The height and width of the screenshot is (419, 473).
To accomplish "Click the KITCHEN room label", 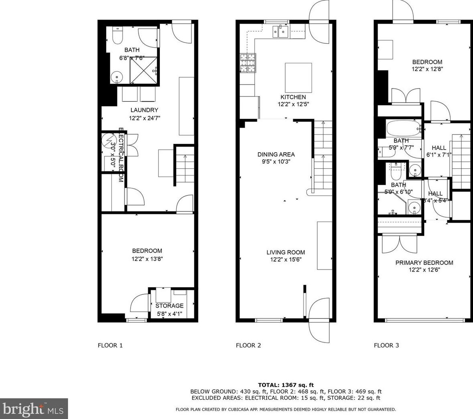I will (293, 97).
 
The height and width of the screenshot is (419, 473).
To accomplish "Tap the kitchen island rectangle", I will (298, 77).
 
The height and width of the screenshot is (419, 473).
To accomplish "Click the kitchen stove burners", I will (248, 63).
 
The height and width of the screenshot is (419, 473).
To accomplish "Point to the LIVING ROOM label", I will (286, 252).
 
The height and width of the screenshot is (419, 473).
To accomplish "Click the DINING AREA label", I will (276, 154).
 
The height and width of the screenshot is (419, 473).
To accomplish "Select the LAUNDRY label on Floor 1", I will (144, 110).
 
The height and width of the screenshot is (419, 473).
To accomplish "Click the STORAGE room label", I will (169, 306).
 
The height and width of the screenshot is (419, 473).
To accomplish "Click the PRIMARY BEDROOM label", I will (424, 263).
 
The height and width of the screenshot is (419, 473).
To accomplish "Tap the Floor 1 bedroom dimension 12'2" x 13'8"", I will (147, 259).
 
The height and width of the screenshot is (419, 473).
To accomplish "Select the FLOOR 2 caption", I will (248, 345).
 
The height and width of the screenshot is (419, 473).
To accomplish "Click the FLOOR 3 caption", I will (386, 345).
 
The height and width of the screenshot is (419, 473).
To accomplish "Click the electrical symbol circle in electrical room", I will (108, 140).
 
